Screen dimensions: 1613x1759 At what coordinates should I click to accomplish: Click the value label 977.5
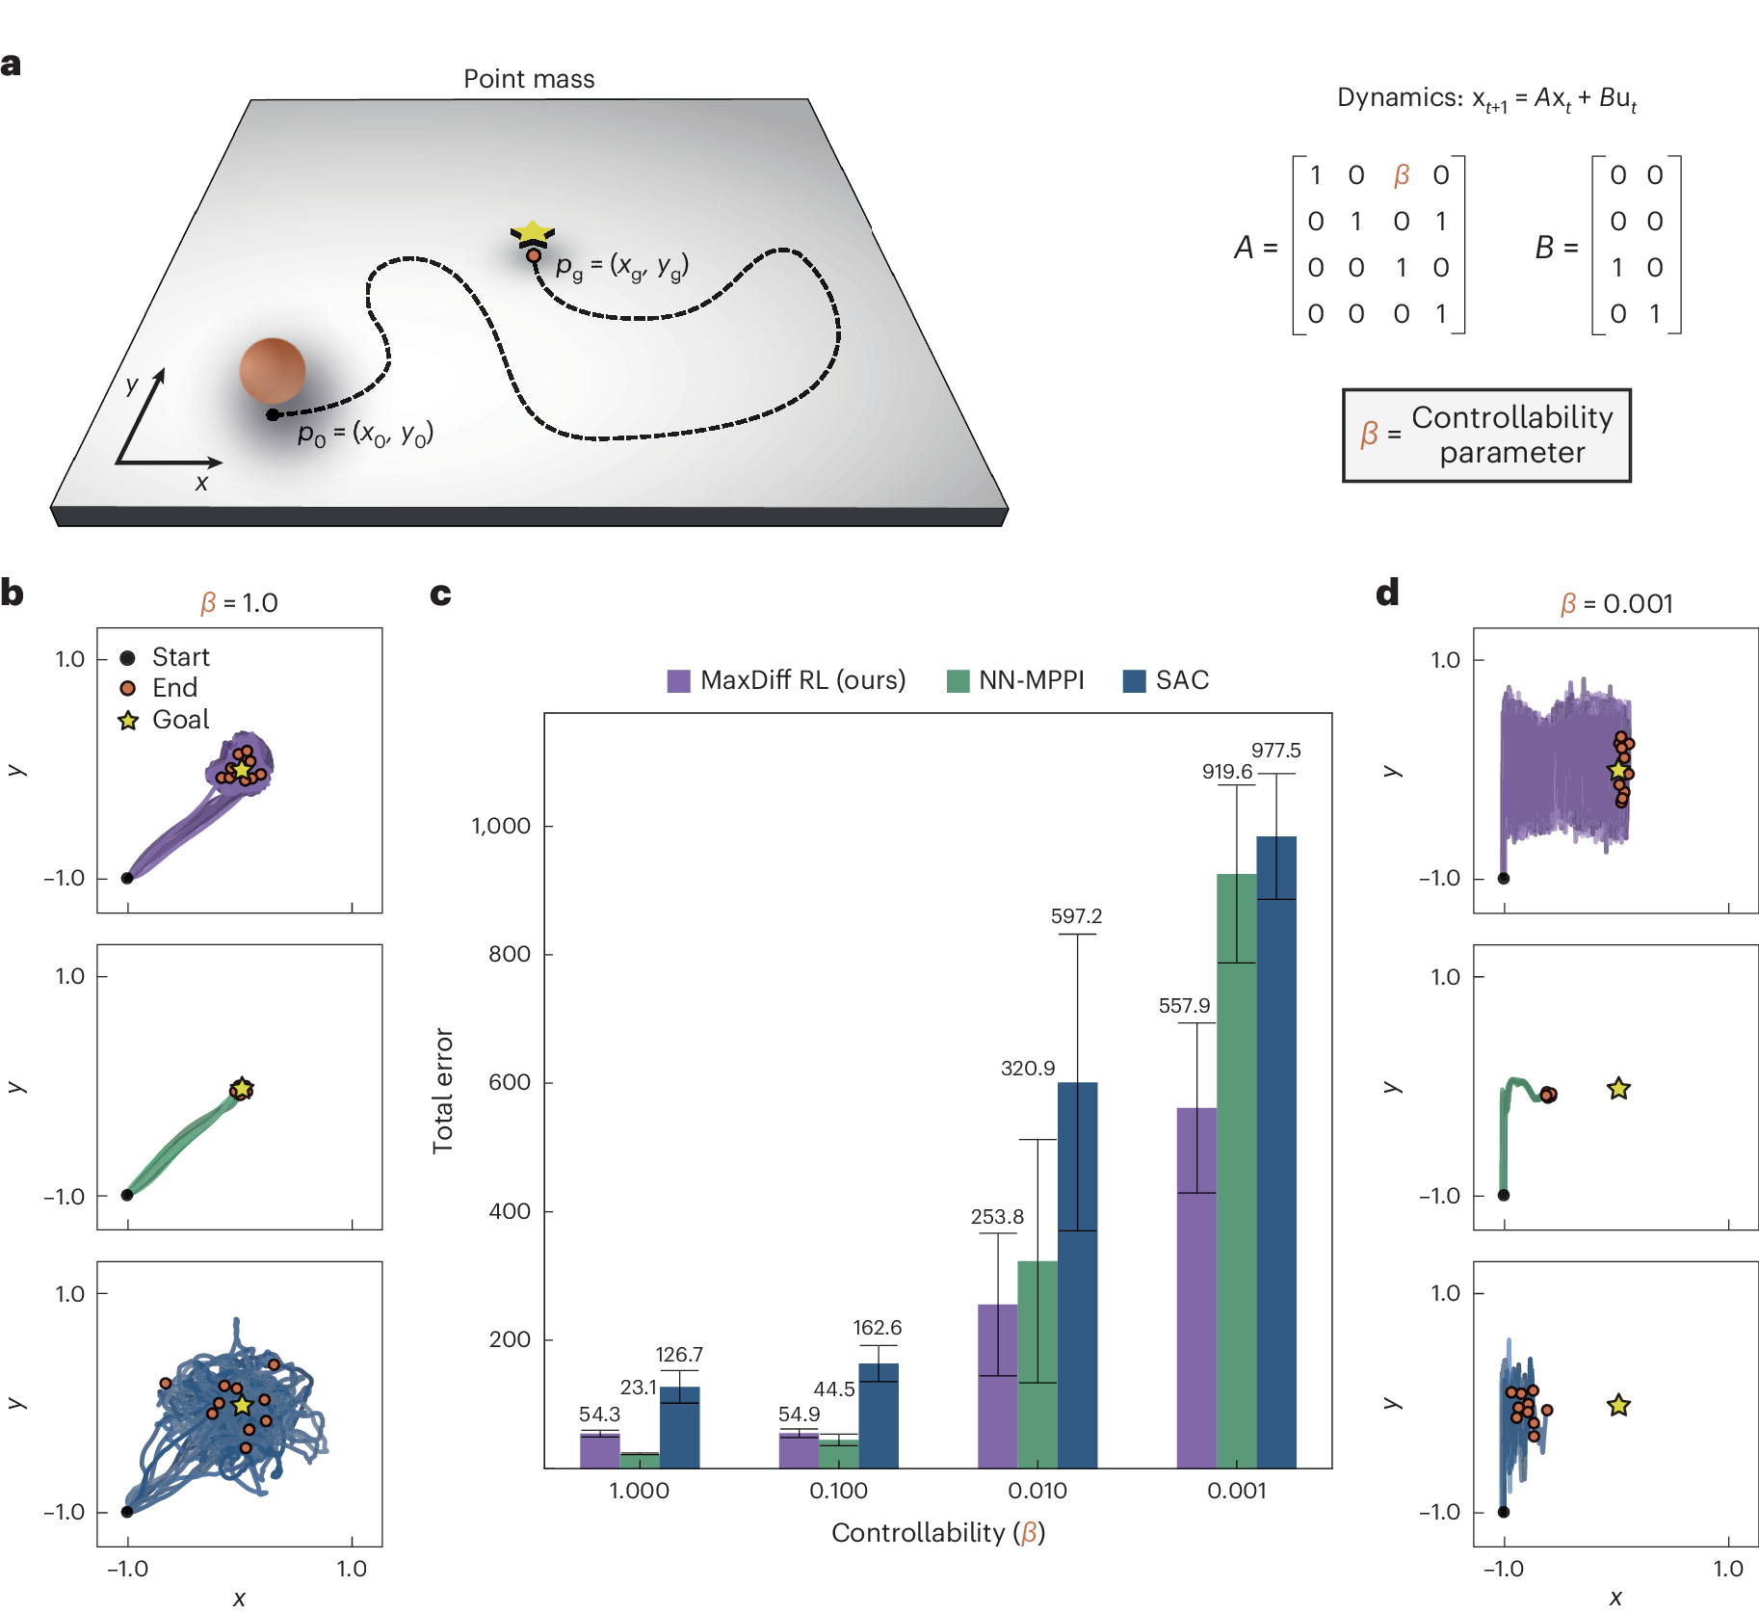1275,750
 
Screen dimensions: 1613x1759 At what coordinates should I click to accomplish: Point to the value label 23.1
638,1387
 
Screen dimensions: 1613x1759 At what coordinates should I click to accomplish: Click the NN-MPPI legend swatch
958,680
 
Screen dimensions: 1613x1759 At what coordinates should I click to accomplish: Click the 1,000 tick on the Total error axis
501,826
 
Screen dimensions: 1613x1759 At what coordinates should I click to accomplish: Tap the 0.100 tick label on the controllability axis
838,1491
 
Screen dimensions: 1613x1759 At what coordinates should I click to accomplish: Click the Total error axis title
443,1090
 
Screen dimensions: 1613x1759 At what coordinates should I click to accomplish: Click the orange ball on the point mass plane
273,370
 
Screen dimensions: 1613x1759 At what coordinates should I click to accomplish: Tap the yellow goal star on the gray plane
532,232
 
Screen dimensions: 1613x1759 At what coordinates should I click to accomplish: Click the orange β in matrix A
1402,175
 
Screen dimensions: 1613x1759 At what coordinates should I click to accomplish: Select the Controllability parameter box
1486,435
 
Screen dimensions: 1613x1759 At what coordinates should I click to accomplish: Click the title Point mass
529,79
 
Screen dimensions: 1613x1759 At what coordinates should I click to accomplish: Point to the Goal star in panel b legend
128,720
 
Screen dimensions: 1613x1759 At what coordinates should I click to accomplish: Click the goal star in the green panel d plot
1618,1089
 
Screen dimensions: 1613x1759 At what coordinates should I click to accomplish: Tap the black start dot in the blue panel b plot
127,1511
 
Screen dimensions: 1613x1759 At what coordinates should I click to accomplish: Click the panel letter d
1387,593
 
